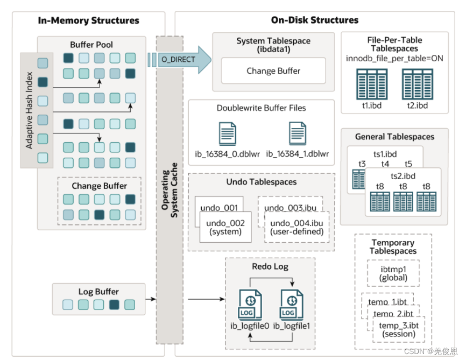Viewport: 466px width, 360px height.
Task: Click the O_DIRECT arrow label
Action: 178,59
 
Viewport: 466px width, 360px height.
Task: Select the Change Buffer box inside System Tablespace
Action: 273,71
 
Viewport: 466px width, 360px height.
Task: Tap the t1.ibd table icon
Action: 371,84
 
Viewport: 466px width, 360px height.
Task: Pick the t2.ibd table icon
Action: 417,84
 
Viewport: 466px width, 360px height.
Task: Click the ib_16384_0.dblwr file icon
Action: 227,134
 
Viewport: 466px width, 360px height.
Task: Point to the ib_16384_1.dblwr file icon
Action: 298,134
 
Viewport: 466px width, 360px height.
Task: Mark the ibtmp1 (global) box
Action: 393,273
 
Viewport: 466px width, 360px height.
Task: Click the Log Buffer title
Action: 98,292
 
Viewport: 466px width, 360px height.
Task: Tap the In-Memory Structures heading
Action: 88,20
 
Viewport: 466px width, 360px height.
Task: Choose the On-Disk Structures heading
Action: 314,20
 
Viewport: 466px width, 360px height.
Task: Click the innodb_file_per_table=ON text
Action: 394,58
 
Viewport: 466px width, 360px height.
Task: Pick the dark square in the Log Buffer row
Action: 114,305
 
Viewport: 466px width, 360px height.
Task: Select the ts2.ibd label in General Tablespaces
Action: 403,177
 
